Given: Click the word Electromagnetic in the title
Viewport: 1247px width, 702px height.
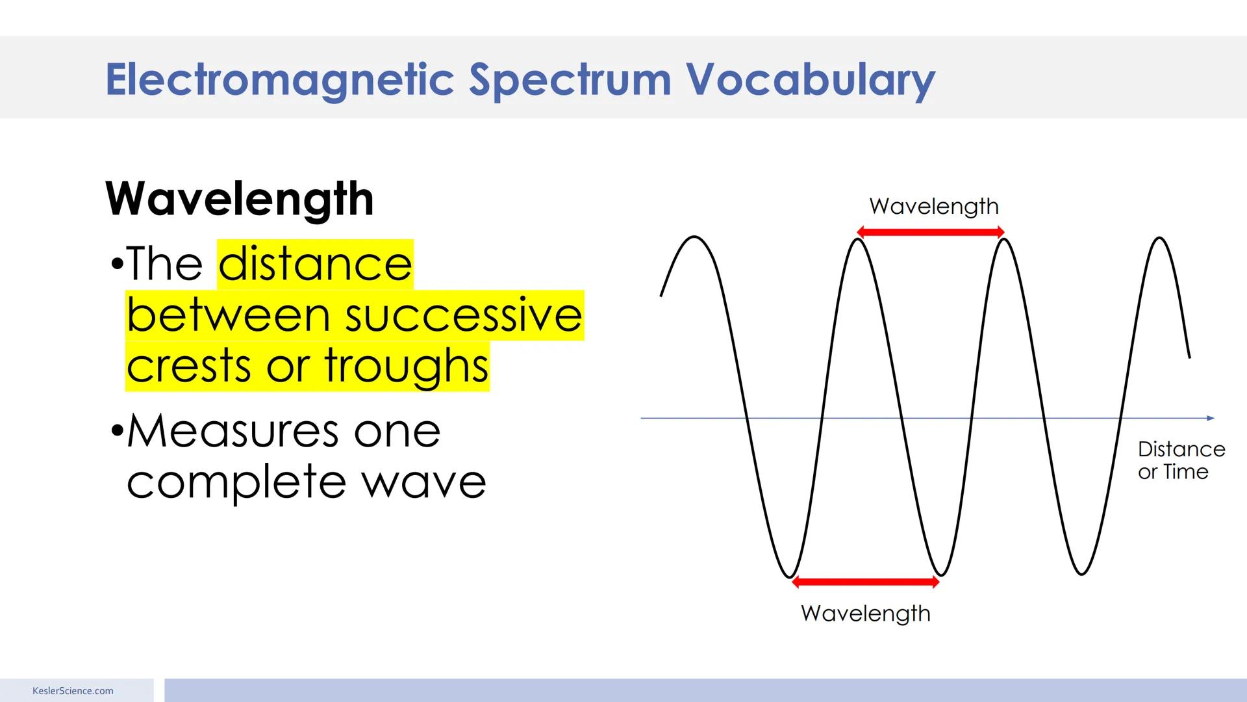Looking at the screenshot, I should tap(279, 80).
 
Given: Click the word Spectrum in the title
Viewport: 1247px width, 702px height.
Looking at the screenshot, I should tap(570, 80).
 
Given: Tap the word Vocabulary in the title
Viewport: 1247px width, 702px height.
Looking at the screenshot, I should tap(810, 80).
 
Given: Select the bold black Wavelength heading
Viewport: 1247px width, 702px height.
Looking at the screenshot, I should tap(240, 199).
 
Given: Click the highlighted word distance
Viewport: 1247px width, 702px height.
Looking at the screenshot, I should tap(315, 264).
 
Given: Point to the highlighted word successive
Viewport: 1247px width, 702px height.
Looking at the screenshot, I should tap(463, 315).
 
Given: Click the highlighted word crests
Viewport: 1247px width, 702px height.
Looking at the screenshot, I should tap(188, 366).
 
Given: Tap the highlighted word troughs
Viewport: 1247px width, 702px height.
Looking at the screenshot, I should tap(407, 366).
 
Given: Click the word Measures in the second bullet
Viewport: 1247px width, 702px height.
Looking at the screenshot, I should tap(233, 431).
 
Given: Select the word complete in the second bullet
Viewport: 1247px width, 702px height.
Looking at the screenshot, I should tap(237, 482).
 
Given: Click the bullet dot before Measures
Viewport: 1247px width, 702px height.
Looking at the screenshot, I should tap(117, 431).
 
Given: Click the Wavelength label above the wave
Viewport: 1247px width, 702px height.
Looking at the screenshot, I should tap(933, 207).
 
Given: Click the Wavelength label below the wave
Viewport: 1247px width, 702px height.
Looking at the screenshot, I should tap(865, 614).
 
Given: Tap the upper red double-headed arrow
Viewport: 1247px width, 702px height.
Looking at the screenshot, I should tap(931, 232).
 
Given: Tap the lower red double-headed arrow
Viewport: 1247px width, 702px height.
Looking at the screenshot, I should tap(866, 582).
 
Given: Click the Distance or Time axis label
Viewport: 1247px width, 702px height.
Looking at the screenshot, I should tap(1180, 460).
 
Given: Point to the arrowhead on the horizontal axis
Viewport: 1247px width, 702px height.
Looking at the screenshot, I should tap(1210, 418).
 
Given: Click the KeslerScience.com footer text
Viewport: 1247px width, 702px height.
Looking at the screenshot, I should tap(73, 691).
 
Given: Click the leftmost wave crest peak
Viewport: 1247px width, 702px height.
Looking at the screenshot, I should tap(694, 237).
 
